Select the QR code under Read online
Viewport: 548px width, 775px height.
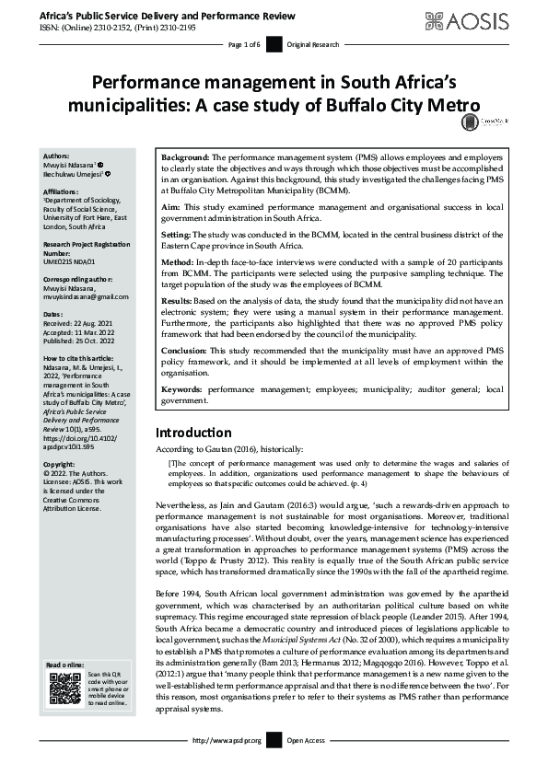tap(64, 689)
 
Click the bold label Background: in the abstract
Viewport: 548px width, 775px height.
tap(188, 158)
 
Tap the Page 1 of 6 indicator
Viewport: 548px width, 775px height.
tap(243, 43)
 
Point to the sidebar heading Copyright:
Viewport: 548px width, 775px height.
tap(64, 466)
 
